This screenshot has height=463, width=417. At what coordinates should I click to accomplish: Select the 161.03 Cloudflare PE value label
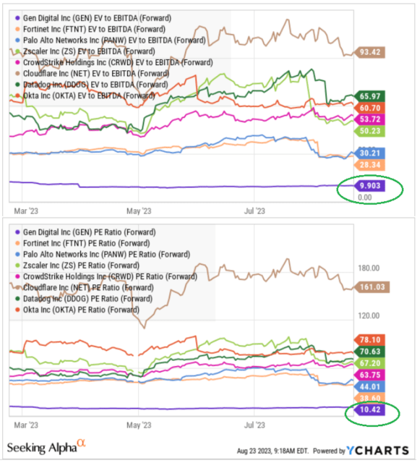tap(369, 288)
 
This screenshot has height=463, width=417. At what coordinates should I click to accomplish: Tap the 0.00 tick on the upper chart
tap(366, 197)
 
